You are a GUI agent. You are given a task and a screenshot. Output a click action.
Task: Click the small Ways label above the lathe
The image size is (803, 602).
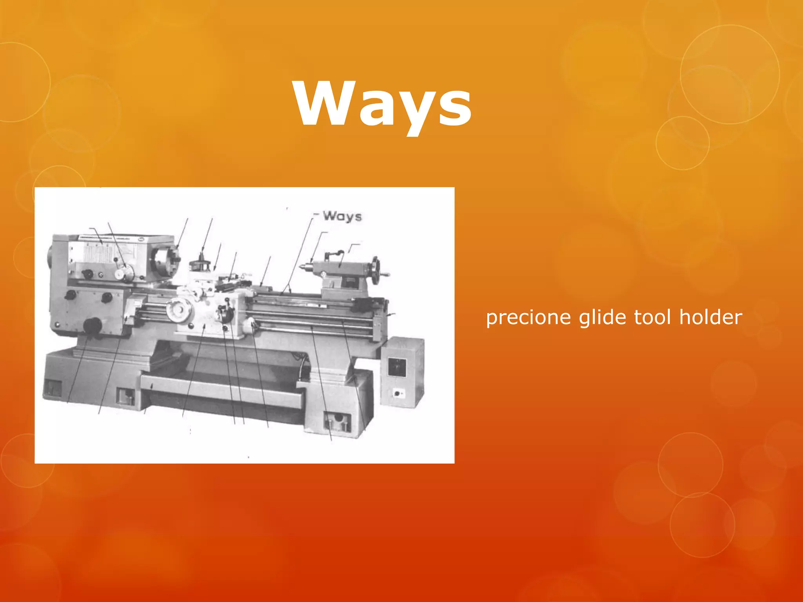(x=342, y=216)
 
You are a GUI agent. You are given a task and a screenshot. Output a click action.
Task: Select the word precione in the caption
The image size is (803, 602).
(x=528, y=317)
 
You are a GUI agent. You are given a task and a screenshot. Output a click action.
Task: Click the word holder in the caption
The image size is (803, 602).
(x=710, y=317)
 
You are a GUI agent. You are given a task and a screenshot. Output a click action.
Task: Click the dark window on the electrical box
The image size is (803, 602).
(x=397, y=367)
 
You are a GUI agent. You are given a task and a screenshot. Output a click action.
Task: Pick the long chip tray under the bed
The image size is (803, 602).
(x=222, y=390)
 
